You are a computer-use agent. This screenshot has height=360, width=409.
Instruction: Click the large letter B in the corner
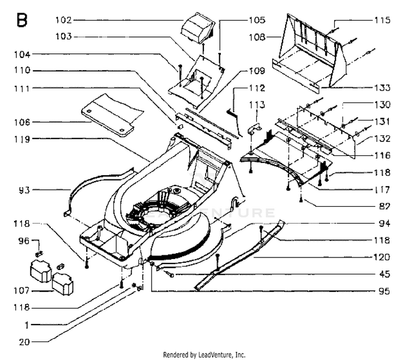[22, 20]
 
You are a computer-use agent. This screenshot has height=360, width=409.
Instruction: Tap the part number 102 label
[63, 20]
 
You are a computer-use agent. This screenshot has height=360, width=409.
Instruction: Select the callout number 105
[257, 20]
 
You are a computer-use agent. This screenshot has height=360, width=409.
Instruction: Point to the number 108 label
[257, 37]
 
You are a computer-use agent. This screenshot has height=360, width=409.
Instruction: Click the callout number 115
[382, 20]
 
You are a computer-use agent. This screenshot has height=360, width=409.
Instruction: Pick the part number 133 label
[382, 88]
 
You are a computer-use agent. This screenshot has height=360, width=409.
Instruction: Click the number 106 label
[22, 122]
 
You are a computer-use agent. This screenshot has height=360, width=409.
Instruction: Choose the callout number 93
[25, 190]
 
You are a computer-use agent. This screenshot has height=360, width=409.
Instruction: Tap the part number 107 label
[22, 290]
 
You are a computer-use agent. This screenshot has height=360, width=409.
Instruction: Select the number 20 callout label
[25, 342]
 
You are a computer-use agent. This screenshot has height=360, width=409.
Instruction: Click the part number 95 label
[384, 291]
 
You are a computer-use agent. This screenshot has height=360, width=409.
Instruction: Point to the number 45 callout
[384, 274]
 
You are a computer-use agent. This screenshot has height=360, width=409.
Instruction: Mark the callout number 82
[384, 206]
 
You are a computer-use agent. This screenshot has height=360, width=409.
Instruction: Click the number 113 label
[257, 105]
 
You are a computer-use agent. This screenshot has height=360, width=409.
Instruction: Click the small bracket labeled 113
[254, 128]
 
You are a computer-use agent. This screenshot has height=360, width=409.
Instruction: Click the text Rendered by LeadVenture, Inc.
[204, 355]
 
